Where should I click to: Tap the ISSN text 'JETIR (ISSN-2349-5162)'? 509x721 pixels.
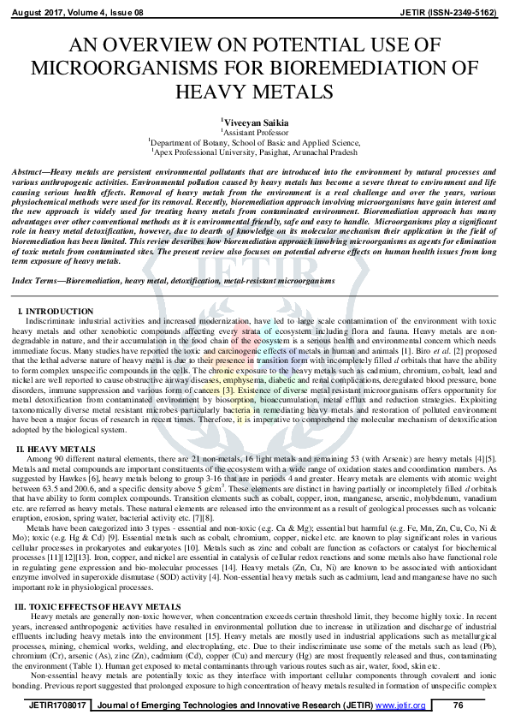click(x=453, y=11)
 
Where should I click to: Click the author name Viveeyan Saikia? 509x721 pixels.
click(x=255, y=122)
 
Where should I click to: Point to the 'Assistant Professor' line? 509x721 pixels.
click(x=255, y=133)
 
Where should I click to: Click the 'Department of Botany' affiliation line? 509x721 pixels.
click(x=255, y=143)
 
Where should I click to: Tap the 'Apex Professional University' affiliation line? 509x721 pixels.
click(x=255, y=152)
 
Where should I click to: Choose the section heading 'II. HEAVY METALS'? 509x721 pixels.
click(x=56, y=449)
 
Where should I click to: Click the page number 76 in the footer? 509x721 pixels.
click(x=458, y=704)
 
